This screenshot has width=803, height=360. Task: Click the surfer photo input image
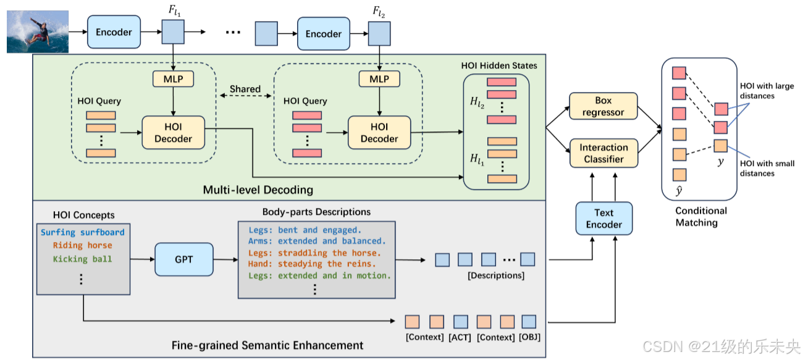click(x=37, y=31)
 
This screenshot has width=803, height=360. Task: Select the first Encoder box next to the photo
click(x=114, y=32)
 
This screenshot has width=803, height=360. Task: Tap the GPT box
click(x=183, y=259)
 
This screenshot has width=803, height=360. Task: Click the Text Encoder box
click(x=603, y=219)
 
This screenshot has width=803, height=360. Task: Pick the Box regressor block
click(x=603, y=106)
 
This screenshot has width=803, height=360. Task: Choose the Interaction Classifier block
click(x=603, y=153)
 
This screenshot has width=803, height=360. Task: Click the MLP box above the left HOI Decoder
click(x=173, y=79)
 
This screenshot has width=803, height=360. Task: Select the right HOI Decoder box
click(x=379, y=132)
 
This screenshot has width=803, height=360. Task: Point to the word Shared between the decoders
click(x=245, y=89)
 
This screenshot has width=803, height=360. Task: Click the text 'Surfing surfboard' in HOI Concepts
click(x=83, y=233)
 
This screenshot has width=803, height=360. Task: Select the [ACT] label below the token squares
click(x=461, y=337)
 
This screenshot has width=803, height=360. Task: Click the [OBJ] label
click(x=529, y=337)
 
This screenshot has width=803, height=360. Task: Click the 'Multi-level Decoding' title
click(x=258, y=190)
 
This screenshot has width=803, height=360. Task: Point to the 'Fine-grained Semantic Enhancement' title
click(x=267, y=345)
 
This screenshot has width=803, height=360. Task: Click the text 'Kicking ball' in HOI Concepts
click(x=83, y=259)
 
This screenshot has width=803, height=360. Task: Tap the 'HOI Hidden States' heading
click(x=499, y=65)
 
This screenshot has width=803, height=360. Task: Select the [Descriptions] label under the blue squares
click(x=497, y=275)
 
